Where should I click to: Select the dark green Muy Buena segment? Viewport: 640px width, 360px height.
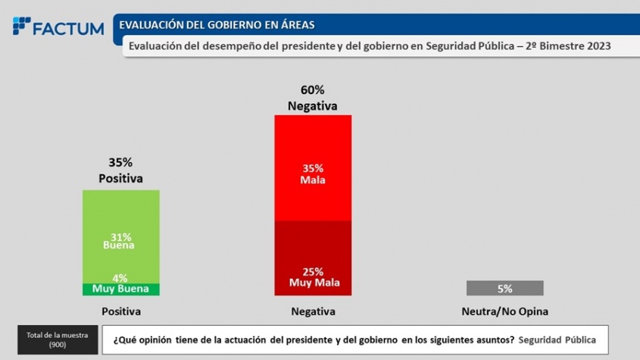121,289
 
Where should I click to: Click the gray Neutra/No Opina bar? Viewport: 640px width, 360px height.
504,288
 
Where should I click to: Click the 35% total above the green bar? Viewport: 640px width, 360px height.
121,162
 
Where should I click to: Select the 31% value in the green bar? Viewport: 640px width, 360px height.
121,236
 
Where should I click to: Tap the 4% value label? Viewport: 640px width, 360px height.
121,277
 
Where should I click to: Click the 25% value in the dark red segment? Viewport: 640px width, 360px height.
312,271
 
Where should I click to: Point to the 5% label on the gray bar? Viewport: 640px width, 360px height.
504,288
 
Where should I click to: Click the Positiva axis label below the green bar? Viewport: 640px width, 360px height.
121,311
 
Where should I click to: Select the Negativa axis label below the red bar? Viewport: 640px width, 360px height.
312,311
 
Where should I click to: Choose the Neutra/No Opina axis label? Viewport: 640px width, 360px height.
504,311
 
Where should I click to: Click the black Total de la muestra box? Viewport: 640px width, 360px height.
57,340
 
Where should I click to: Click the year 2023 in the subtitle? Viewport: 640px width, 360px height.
597,45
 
